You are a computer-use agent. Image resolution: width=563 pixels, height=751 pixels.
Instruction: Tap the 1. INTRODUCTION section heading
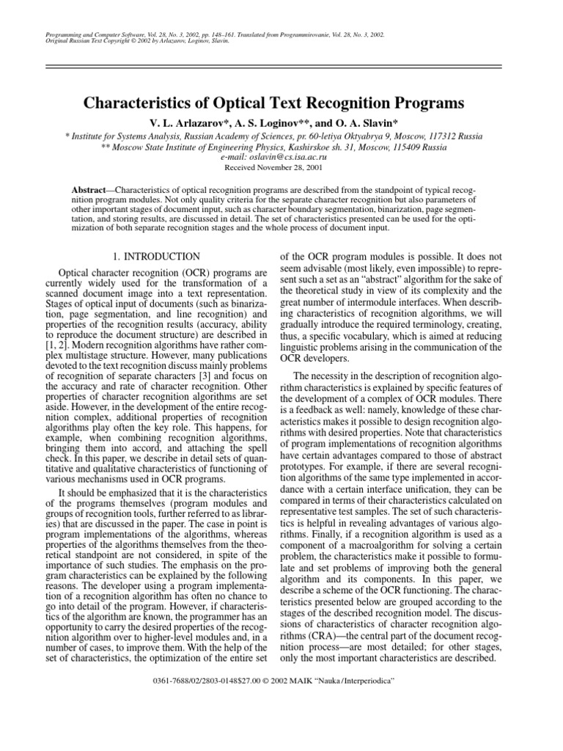tap(155, 257)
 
